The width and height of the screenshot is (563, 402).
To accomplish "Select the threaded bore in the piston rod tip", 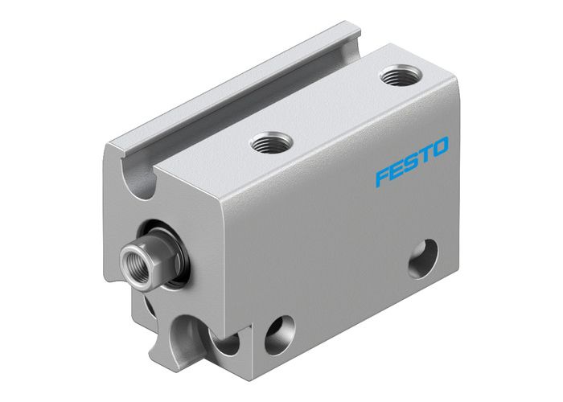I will pos(131,259).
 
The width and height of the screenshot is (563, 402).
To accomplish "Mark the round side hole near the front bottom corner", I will pos(280,329).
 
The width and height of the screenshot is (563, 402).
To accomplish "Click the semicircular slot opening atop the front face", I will pos(142,178).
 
